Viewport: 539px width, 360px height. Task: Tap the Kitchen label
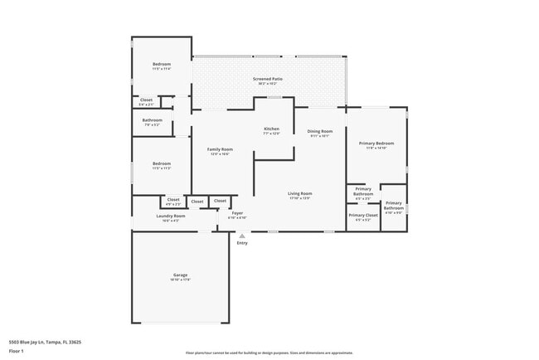click(271, 129)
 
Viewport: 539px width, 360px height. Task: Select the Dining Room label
click(320, 131)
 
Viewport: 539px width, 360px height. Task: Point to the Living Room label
click(299, 193)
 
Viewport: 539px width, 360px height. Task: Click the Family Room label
click(220, 149)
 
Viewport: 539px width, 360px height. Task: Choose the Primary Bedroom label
click(376, 144)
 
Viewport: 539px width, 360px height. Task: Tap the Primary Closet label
click(362, 215)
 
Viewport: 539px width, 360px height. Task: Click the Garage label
click(180, 275)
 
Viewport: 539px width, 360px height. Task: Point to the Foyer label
click(237, 213)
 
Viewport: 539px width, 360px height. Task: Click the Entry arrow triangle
click(242, 236)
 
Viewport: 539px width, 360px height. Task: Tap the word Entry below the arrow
click(242, 243)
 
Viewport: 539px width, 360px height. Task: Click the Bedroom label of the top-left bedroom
click(161, 65)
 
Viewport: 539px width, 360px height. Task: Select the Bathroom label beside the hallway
click(152, 120)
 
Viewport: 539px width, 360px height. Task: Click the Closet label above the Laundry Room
click(173, 199)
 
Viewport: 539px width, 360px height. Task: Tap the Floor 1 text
click(17, 351)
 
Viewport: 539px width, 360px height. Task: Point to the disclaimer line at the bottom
click(269, 353)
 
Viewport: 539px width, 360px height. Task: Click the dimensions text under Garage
click(180, 280)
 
